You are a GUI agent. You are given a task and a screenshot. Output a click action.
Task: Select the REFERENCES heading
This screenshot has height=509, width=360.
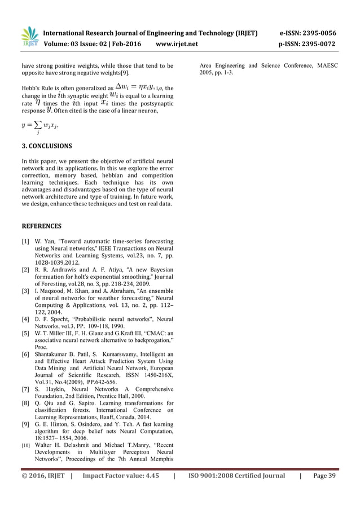coord(42,226)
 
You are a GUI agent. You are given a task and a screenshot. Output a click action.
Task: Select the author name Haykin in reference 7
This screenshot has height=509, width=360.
coord(54,389)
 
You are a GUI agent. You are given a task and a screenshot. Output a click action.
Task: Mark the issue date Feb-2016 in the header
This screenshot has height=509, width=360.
coord(123,43)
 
